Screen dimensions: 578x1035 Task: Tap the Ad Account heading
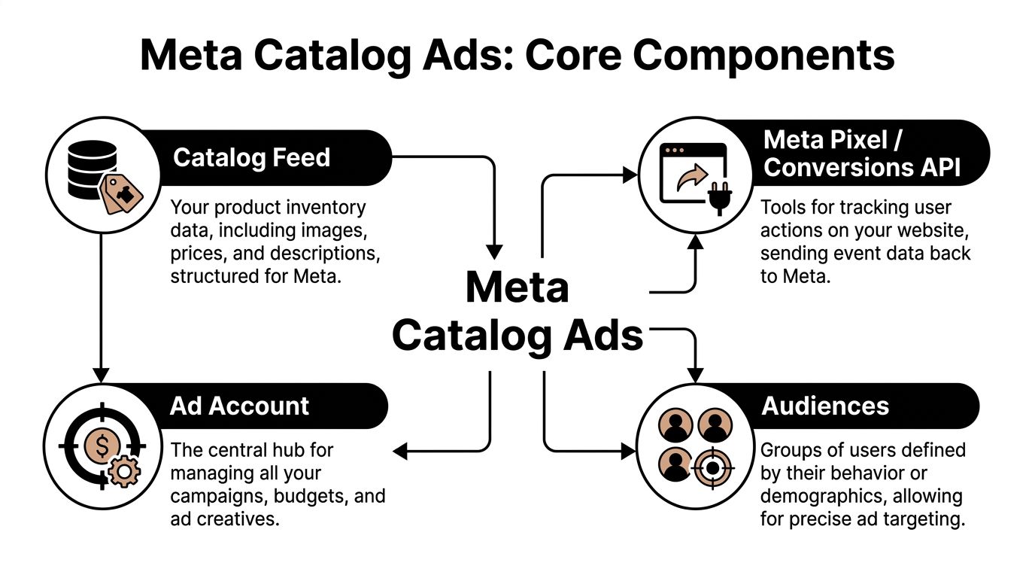click(239, 406)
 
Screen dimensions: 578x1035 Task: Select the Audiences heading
click(825, 406)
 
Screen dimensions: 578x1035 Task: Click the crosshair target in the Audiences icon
click(709, 467)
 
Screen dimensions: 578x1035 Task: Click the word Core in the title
click(575, 55)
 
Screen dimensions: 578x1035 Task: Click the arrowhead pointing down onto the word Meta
click(494, 251)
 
